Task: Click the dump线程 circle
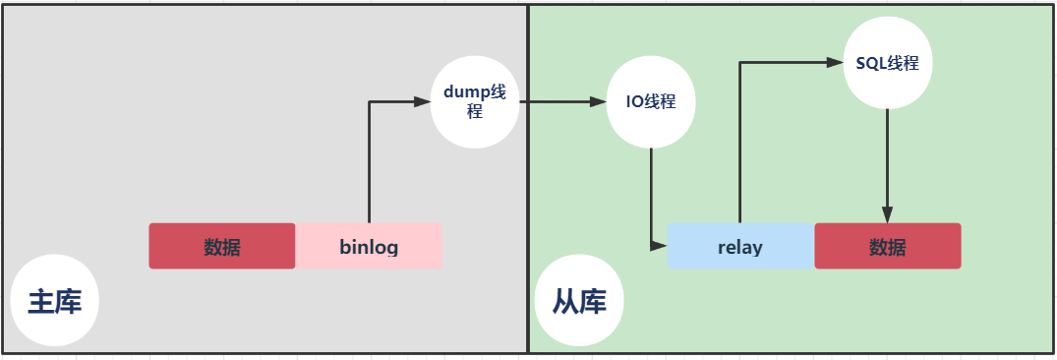pos(475,102)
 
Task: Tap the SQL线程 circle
pos(888,63)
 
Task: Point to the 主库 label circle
pos(55,302)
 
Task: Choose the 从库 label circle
pos(579,302)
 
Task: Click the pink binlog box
pos(369,246)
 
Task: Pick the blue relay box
pos(740,246)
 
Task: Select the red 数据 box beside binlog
pos(222,246)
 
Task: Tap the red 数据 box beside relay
pos(888,246)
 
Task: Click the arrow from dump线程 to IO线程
pos(560,102)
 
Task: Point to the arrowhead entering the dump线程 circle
pos(424,102)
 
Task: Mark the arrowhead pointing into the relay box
pos(660,246)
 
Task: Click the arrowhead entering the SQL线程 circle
pos(837,63)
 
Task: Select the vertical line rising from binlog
pos(369,162)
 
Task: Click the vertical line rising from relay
pos(740,143)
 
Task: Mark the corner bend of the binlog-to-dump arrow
pos(369,102)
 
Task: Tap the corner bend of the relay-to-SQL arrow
pos(740,63)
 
